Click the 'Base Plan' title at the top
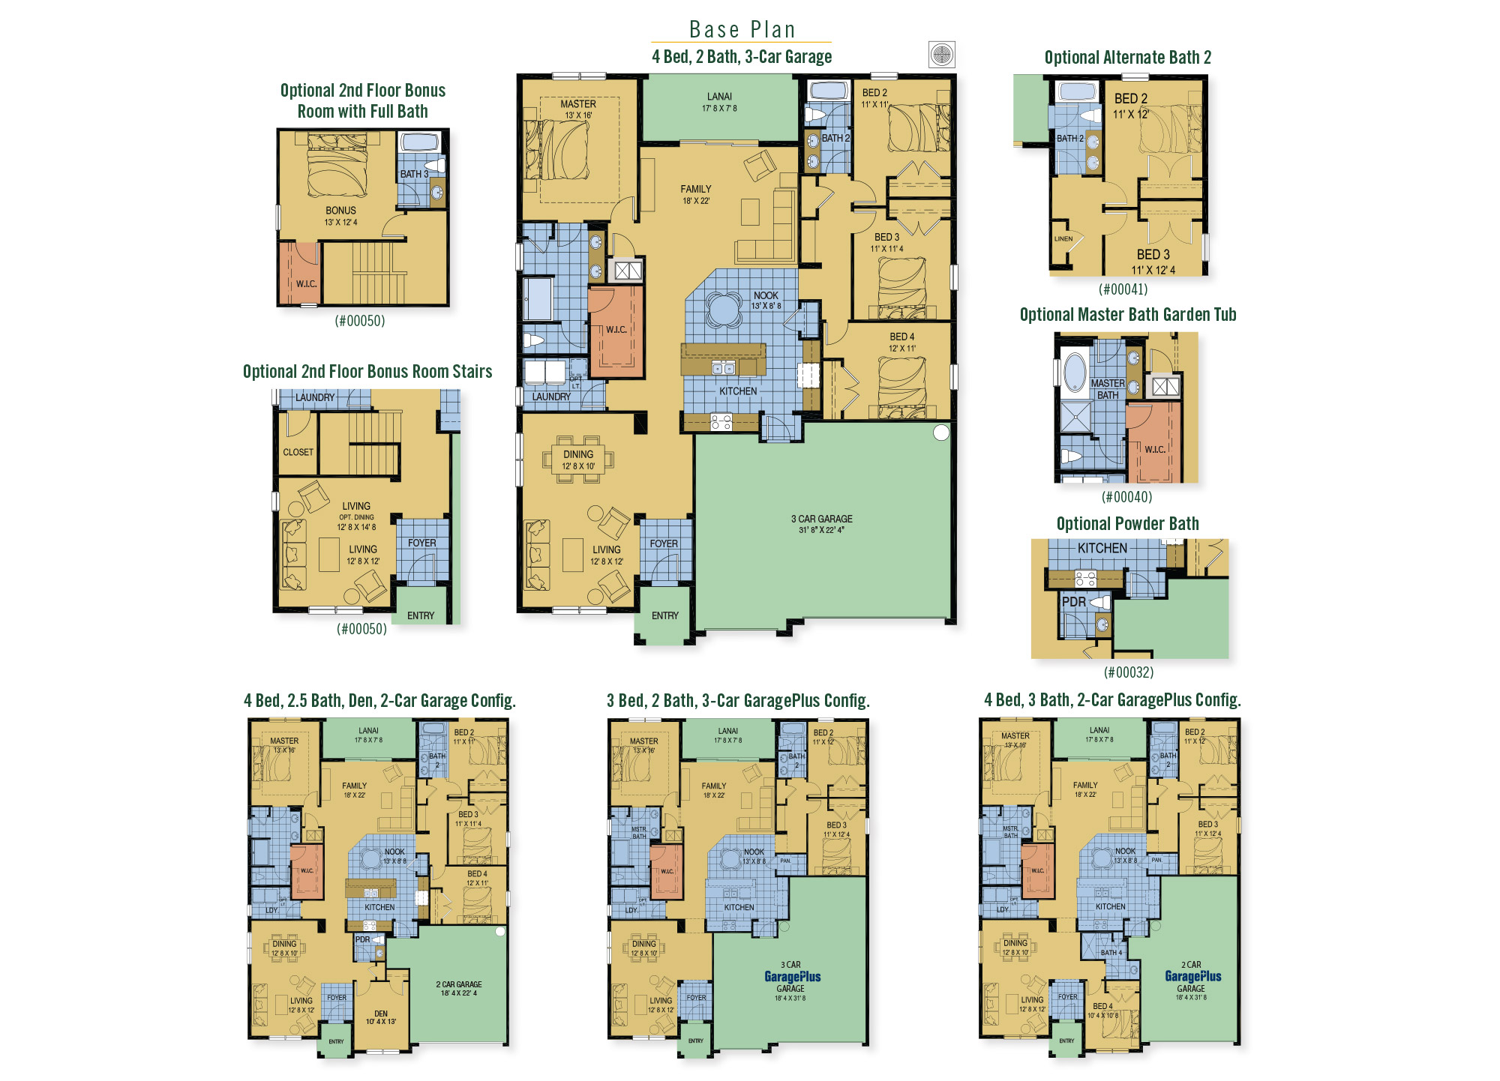(x=742, y=29)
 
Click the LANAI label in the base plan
(x=718, y=97)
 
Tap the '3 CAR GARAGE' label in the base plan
(x=821, y=519)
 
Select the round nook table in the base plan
(x=724, y=309)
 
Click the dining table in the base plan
(x=577, y=460)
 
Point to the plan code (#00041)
(x=1123, y=289)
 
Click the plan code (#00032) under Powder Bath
(x=1128, y=672)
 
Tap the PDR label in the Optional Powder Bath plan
(x=1073, y=602)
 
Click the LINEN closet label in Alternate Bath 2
(x=1063, y=239)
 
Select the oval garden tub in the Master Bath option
(x=1075, y=372)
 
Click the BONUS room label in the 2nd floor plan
(x=340, y=211)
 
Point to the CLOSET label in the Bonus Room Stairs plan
(x=298, y=452)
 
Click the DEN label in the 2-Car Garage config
(x=381, y=1014)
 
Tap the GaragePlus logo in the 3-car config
(x=792, y=977)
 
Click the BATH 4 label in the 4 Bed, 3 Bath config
(x=1111, y=953)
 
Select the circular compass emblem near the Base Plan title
(x=941, y=54)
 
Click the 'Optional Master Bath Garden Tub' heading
(x=1127, y=315)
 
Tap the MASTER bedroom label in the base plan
(x=577, y=104)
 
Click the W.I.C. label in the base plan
(x=616, y=330)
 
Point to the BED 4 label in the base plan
(x=901, y=337)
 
